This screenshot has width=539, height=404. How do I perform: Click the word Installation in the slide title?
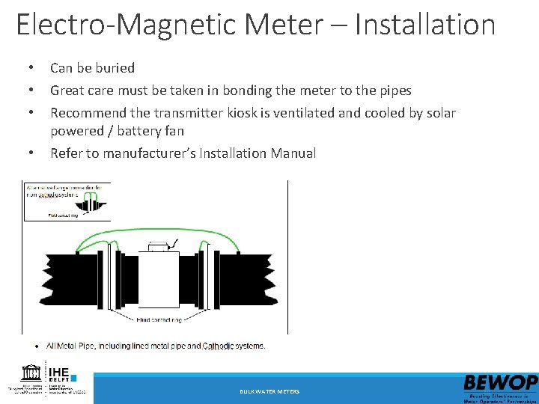(x=424, y=25)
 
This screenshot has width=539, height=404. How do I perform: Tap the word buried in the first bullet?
(x=115, y=68)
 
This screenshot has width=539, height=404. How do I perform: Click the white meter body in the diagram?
(x=158, y=280)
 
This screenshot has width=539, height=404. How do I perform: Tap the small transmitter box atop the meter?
(x=159, y=245)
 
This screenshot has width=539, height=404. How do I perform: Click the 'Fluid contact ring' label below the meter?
(x=159, y=320)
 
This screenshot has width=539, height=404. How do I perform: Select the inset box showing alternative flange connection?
(x=67, y=201)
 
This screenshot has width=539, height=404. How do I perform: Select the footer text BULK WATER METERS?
(x=269, y=391)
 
